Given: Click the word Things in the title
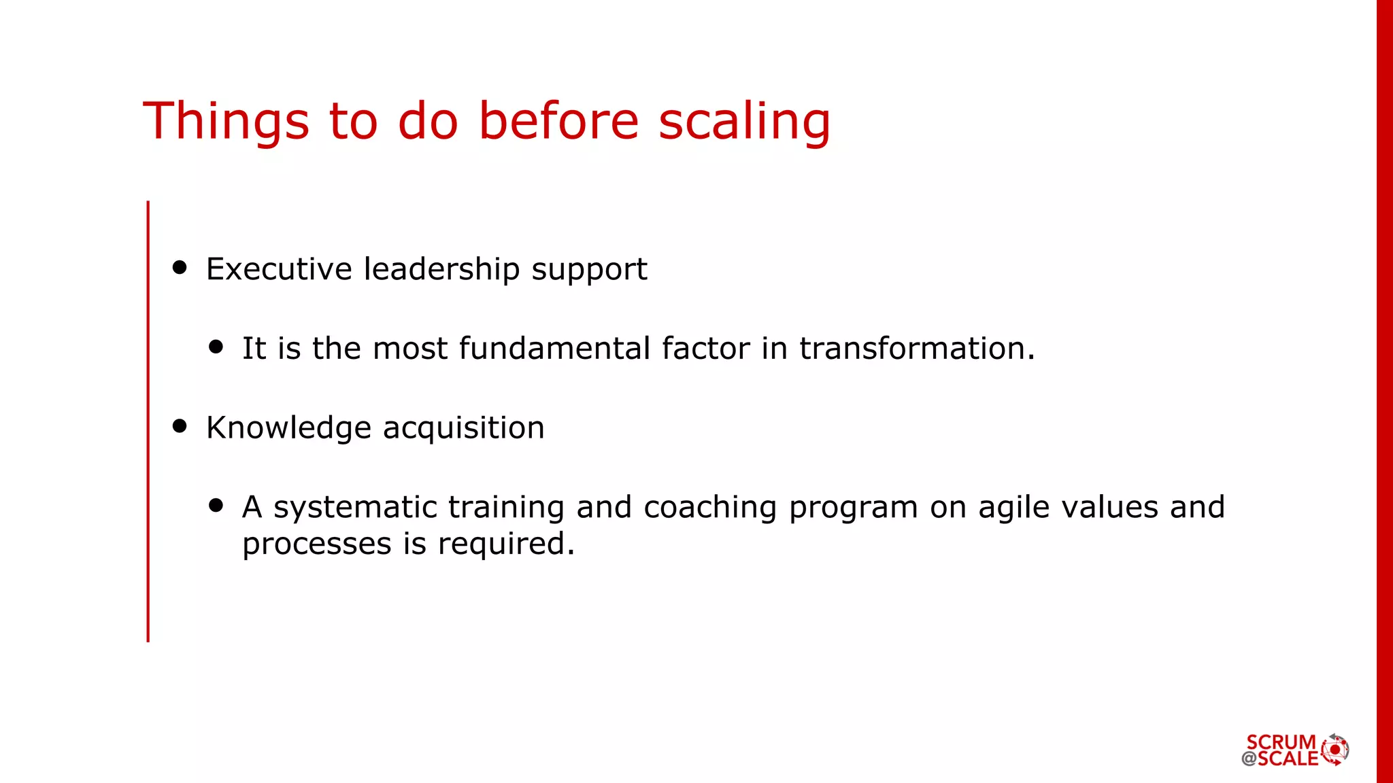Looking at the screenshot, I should (226, 121).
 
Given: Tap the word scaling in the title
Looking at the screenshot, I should (744, 121).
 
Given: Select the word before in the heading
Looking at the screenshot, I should (558, 121).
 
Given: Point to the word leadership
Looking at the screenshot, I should (441, 269).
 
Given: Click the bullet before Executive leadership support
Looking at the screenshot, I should (180, 267).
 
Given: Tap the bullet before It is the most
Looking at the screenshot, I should (216, 347).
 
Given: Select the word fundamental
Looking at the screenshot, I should (554, 349).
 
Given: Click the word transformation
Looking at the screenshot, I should (916, 349).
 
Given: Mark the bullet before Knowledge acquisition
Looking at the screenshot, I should (180, 426).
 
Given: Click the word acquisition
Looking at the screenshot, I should (463, 429).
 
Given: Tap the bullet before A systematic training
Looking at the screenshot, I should (216, 505).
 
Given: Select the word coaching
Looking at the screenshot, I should (709, 508).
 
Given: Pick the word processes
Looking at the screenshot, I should (317, 544).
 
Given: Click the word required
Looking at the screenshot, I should (505, 544).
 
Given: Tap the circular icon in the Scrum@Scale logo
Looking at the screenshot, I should (1335, 750).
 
